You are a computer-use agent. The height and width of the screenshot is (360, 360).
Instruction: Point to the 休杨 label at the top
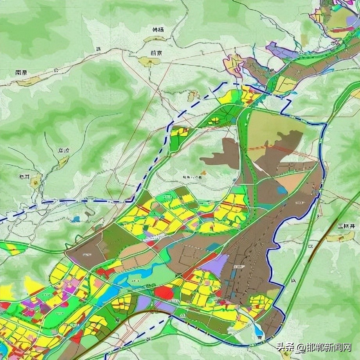pyautogui.click(x=157, y=30)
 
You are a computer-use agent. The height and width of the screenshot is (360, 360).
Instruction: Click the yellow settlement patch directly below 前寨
pyautogui.click(x=149, y=61)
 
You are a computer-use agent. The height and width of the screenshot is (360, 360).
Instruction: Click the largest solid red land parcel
pyautogui.click(x=164, y=292)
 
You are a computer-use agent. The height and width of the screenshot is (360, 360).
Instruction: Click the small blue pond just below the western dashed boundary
pyautogui.click(x=76, y=219)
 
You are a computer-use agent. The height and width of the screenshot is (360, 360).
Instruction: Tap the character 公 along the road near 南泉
pyautogui.click(x=56, y=71)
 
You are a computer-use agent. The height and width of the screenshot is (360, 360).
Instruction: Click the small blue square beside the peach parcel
pyautogui.click(x=281, y=190)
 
